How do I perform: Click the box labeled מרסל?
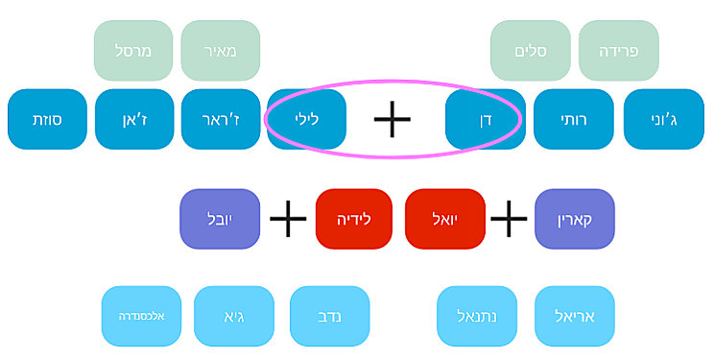click(x=133, y=50)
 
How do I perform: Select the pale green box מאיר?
click(x=220, y=50)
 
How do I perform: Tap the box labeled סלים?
click(x=530, y=50)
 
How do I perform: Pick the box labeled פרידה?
click(x=618, y=50)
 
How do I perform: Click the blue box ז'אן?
click(x=134, y=119)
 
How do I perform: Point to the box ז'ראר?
click(x=220, y=119)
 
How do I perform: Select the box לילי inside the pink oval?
click(x=306, y=119)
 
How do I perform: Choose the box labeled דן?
click(x=485, y=119)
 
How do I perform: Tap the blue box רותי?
click(x=573, y=119)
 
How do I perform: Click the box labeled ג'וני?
click(x=662, y=119)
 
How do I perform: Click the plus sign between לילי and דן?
click(x=392, y=119)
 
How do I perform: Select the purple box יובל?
click(x=219, y=219)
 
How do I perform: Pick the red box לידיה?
click(x=353, y=219)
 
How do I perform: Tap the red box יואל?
click(x=444, y=219)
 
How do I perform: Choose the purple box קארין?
click(x=574, y=219)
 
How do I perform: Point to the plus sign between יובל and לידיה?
click(x=287, y=219)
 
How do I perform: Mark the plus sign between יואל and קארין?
click(x=509, y=219)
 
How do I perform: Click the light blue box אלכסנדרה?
click(x=142, y=316)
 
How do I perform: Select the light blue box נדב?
click(x=329, y=316)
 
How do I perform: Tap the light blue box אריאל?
click(x=574, y=316)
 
